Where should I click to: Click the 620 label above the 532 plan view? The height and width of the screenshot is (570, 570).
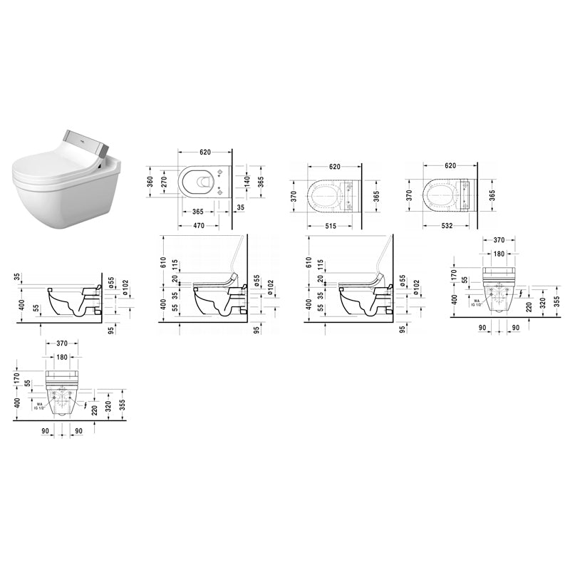[x=450, y=166]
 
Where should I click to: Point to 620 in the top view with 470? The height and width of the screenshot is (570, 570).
[x=205, y=152]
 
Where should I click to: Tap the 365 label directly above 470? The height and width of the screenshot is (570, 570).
[x=199, y=212]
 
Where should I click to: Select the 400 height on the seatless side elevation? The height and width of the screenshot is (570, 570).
[x=22, y=304]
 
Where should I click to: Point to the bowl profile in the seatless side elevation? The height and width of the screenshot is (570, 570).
[x=71, y=303]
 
